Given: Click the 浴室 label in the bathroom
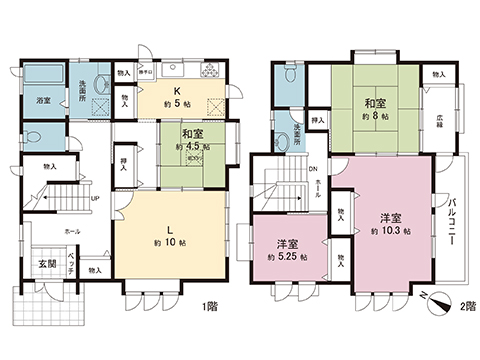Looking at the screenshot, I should [45, 101].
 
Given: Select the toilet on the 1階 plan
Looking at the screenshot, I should [34, 135].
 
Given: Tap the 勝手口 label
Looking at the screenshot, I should [145, 72].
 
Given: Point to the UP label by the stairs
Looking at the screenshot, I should [95, 197].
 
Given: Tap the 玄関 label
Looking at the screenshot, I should [47, 263].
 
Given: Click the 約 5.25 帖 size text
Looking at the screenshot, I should [286, 257].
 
